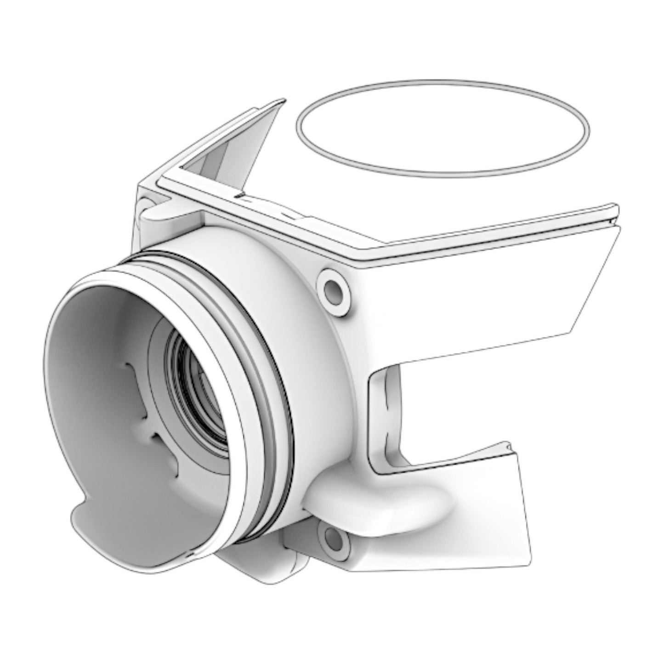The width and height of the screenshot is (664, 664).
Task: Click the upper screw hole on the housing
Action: coord(333,289)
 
